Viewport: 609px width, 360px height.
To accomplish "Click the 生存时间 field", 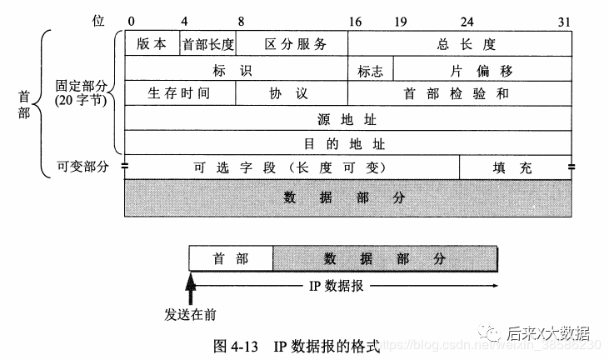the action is click(x=179, y=93).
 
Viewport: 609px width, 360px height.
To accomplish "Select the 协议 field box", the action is click(x=292, y=93).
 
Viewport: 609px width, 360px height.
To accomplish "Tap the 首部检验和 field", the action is click(x=460, y=93).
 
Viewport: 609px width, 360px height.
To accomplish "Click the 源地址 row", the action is click(x=348, y=118).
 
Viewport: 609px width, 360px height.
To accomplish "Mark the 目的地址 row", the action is click(x=348, y=142).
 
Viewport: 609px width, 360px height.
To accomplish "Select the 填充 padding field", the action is click(x=516, y=167).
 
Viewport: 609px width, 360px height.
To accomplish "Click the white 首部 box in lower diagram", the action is click(x=231, y=259).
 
